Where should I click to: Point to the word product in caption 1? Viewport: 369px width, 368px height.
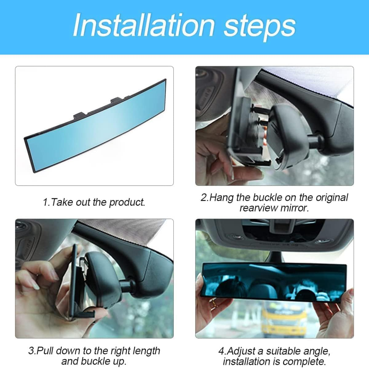click(127, 202)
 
